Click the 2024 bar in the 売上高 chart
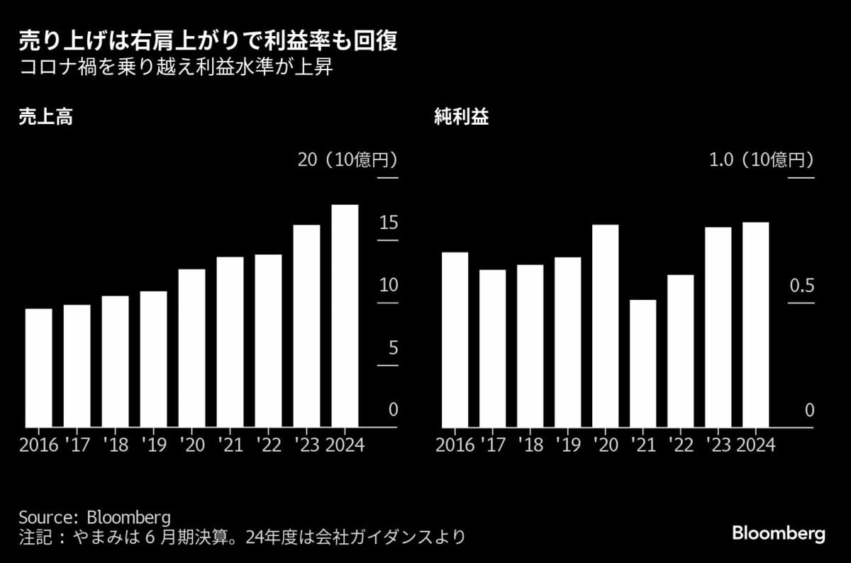[345, 316]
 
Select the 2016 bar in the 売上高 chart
[39, 368]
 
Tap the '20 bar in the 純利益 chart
[606, 326]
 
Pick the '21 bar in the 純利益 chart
[643, 364]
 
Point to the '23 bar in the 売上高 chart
[306, 326]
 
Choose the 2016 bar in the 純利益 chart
[455, 340]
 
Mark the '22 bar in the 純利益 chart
[681, 351]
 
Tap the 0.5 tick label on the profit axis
[801, 285]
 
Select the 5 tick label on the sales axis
[391, 348]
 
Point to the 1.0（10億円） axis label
[761, 160]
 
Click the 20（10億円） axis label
[347, 160]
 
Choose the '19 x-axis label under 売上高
[153, 445]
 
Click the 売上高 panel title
[46, 118]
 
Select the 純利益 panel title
[461, 118]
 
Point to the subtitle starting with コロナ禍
[175, 70]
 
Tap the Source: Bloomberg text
[95, 515]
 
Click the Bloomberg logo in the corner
[778, 533]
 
